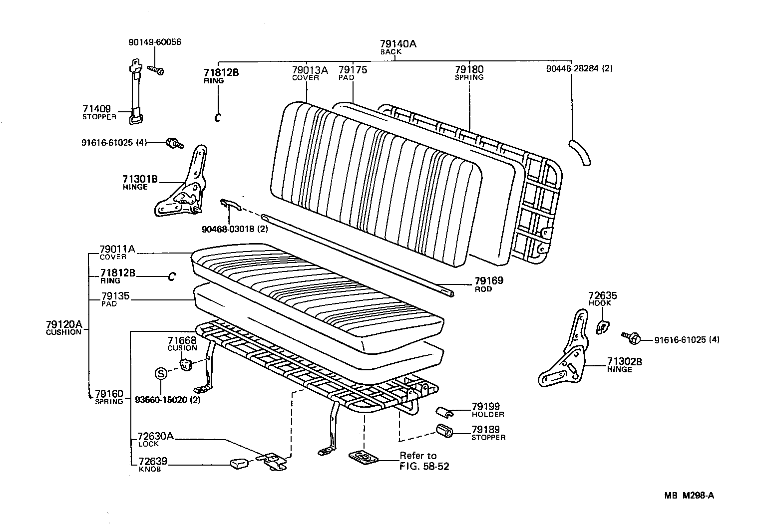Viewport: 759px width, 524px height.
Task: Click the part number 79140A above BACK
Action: (x=398, y=44)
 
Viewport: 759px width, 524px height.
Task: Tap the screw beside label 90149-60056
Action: (x=155, y=70)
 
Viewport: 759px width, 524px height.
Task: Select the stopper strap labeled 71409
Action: (x=134, y=92)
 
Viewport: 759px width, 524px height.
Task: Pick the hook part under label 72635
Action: (x=602, y=327)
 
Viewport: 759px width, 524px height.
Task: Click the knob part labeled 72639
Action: (x=238, y=464)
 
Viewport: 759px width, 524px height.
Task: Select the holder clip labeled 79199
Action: (x=443, y=411)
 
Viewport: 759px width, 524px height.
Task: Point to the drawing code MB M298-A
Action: (x=689, y=496)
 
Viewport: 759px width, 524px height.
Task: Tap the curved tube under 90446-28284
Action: (x=580, y=152)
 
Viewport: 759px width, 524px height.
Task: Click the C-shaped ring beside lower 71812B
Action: (x=171, y=276)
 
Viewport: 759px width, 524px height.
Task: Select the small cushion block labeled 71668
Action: (x=186, y=364)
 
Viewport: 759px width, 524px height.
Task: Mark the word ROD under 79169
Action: (x=483, y=289)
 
